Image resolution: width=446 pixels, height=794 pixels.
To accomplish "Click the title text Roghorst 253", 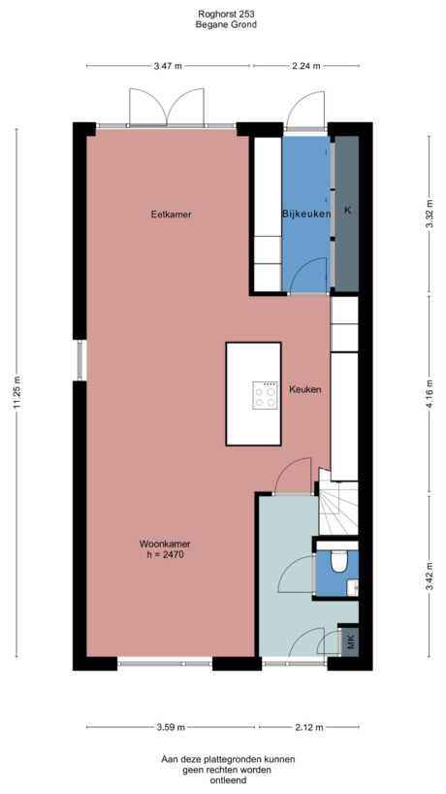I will coord(222,15).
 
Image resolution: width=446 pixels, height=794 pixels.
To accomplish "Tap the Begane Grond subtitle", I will coord(222,25).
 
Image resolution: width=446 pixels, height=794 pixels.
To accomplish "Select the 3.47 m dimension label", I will coord(168,66).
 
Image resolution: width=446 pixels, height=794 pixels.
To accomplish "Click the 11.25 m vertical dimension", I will coord(16,393).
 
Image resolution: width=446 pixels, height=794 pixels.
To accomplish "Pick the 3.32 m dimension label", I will coord(428,212).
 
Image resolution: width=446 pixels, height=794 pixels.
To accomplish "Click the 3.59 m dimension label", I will coord(172,726).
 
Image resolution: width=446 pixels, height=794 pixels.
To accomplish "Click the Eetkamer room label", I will coord(167,214).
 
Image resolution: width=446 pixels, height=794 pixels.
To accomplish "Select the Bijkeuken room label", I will coord(306,214).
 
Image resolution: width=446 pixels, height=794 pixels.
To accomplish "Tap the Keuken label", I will coord(304,389).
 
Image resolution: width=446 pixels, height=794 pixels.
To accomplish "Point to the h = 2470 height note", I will coord(161,583).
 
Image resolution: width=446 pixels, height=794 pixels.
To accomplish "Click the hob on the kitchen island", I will coord(264,394).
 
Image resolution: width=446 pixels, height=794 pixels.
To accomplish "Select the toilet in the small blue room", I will coord(339,562).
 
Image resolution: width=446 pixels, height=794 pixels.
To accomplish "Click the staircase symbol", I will coord(340,509).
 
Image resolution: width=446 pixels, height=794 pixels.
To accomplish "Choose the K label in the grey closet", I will coord(347,211).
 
